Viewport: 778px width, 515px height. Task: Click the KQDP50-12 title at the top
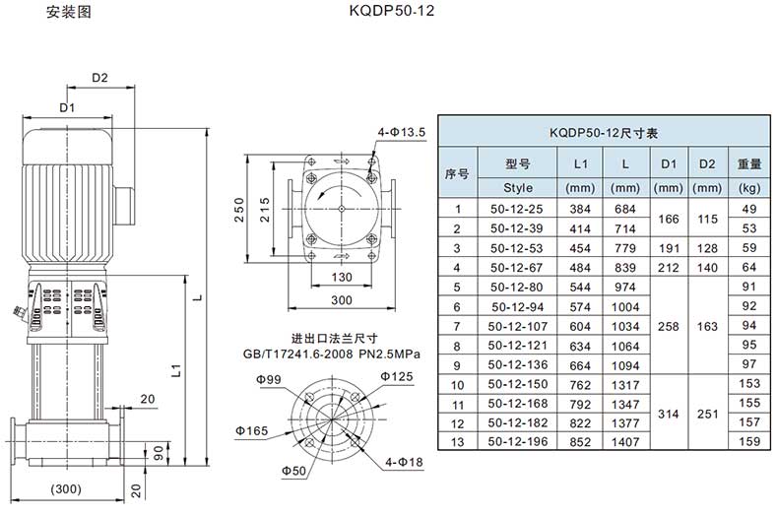(392, 11)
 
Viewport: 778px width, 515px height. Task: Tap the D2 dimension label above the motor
(99, 78)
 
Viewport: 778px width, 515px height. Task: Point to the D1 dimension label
(67, 107)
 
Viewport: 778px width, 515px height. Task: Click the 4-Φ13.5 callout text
(402, 132)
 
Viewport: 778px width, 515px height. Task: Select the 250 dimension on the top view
(239, 210)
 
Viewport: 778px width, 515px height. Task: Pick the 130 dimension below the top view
(342, 277)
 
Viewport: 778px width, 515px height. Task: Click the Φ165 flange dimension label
(251, 430)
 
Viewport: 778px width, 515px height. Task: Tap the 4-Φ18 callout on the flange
(405, 463)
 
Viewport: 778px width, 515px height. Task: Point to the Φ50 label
(293, 471)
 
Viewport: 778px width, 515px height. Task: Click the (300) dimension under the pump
(66, 488)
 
